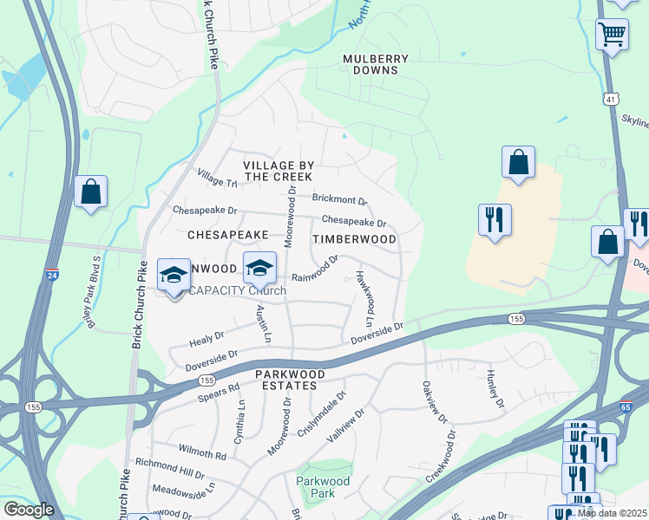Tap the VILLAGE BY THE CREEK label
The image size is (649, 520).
[x=277, y=171]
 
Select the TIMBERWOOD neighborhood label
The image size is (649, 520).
[x=354, y=239]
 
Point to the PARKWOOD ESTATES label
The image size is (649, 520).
[x=290, y=380]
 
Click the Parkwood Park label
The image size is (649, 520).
[x=323, y=487]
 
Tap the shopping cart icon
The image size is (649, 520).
[x=613, y=36]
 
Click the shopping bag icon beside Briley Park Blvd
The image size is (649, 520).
[x=91, y=192]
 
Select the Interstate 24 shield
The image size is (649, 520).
[x=54, y=274]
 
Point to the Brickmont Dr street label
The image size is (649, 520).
[x=340, y=199]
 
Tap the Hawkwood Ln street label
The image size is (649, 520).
[x=364, y=292]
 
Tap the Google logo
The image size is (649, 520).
[x=29, y=510]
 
